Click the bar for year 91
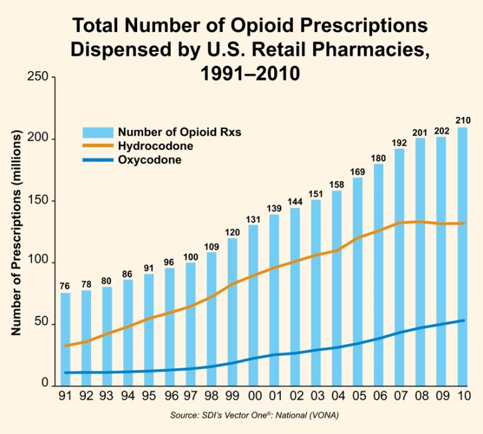tap(65, 339)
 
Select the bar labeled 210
tap(462, 256)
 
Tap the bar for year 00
tap(253, 305)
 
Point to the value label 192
tap(399, 142)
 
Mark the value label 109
tap(211, 246)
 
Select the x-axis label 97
tap(190, 396)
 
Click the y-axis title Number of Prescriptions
tap(17, 233)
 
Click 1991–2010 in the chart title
tap(251, 72)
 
